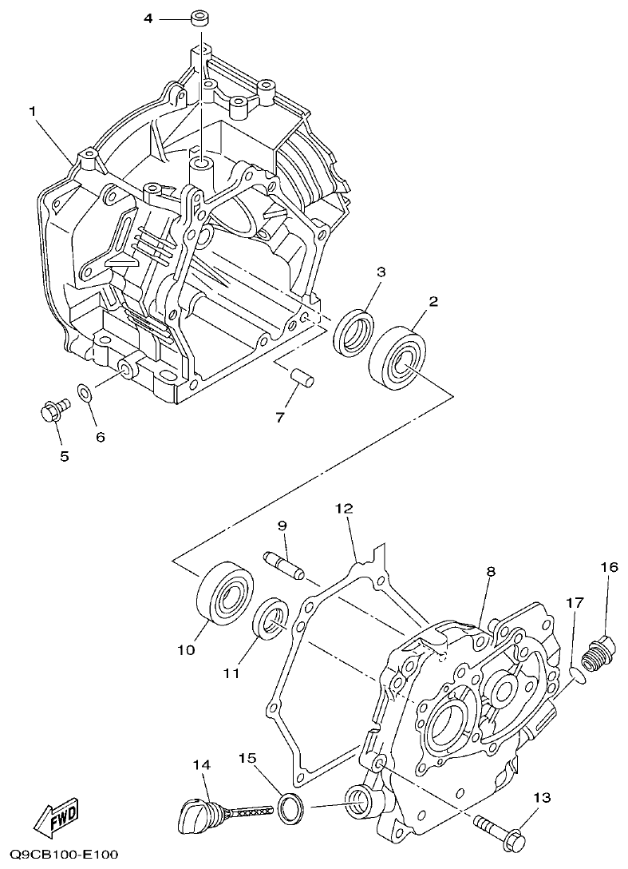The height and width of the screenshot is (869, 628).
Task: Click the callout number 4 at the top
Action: click(x=148, y=18)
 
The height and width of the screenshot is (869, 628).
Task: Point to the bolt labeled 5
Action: click(x=52, y=411)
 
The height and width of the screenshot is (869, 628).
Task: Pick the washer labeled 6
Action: click(x=85, y=393)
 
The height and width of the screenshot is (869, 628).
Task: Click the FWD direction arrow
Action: click(x=53, y=820)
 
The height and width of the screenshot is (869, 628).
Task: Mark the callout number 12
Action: click(x=344, y=508)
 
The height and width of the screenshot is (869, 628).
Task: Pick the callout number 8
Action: click(x=491, y=571)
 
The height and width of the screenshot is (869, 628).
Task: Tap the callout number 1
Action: click(x=34, y=111)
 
